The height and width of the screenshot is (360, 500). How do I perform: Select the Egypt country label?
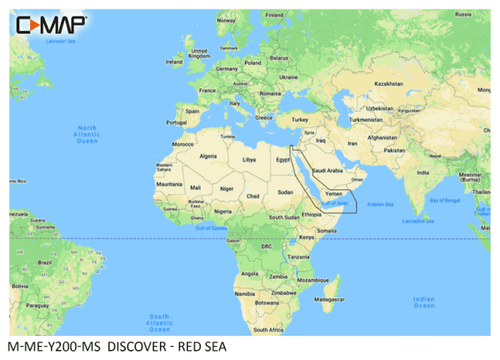(282, 158)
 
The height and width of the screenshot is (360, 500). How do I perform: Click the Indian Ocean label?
(423, 302)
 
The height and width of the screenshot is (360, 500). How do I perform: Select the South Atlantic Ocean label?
(159, 321)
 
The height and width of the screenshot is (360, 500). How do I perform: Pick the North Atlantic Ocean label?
(87, 134)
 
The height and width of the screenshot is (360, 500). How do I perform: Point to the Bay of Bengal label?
(446, 200)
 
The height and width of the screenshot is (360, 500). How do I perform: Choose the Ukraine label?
(287, 77)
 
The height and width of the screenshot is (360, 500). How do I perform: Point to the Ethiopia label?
(311, 215)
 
